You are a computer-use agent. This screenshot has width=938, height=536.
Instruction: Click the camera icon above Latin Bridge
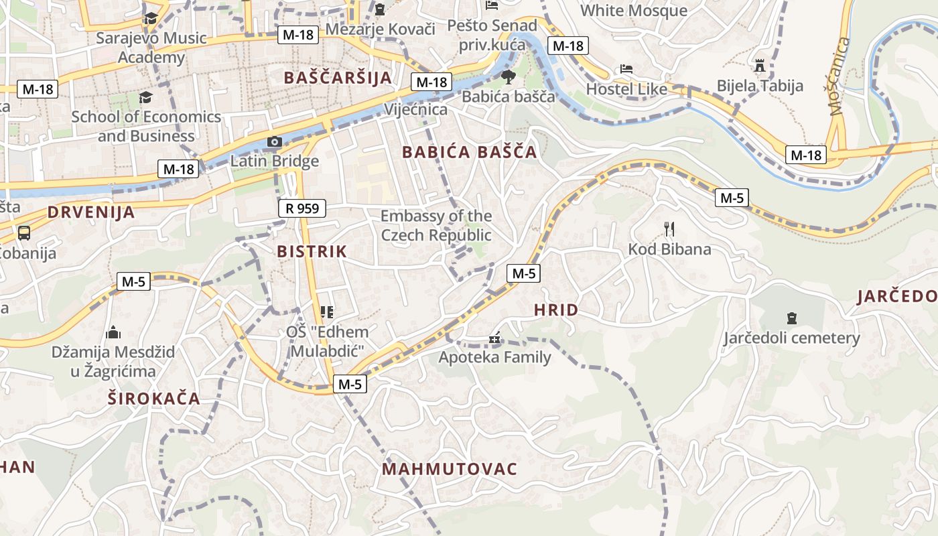274,142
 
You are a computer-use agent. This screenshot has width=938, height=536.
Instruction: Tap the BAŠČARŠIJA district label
337,78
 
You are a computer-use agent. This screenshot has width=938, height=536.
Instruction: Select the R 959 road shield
302,208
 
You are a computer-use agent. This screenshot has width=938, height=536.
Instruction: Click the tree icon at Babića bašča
508,76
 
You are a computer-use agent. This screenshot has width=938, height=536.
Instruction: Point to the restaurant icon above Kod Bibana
669,229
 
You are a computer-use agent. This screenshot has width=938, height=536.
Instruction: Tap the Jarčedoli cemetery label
791,338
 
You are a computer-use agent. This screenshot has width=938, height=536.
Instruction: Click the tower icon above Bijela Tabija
759,66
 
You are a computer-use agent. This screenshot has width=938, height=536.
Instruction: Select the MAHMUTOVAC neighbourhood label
450,469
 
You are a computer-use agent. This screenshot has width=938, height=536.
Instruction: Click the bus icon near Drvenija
24,233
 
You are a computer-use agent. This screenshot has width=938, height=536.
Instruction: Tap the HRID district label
555,310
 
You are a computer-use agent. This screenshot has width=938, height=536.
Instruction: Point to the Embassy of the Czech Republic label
436,226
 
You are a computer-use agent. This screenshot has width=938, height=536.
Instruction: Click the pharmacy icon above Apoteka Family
494,338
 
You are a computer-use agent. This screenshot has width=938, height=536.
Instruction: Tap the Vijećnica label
416,109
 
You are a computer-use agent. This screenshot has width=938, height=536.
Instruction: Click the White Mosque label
633,11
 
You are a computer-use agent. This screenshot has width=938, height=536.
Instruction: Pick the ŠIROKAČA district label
153,399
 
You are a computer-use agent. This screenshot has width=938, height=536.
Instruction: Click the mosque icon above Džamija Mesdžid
113,332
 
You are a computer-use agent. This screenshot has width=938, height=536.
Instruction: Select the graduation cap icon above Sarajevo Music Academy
150,18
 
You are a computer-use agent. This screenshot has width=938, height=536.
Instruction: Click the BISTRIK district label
312,252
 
